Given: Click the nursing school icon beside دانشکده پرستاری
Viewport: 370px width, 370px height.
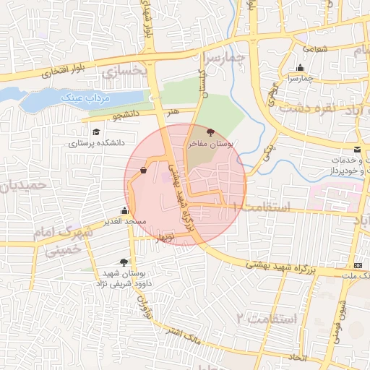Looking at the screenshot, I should (96, 132).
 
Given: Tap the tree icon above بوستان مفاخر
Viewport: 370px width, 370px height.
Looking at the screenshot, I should (210, 132).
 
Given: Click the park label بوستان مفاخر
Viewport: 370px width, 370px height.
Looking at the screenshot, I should (211, 145).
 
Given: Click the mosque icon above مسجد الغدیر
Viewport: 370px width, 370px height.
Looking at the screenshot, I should (125, 211).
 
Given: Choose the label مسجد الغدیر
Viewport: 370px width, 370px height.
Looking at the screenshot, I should (125, 221).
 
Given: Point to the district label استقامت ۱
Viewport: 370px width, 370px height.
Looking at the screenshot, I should (267, 208).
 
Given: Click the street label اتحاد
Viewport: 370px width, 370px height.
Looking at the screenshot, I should (297, 357).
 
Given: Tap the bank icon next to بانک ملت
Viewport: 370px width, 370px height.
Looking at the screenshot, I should (359, 266).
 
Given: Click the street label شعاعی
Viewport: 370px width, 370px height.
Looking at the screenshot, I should (315, 49).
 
